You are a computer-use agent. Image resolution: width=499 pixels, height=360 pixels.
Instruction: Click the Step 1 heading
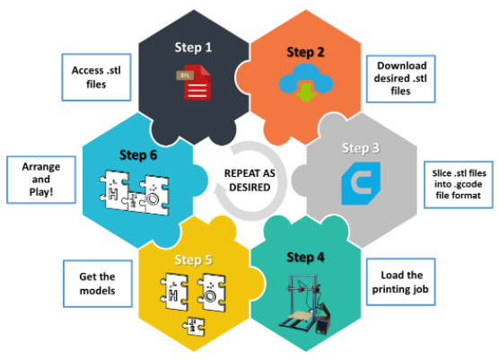193,48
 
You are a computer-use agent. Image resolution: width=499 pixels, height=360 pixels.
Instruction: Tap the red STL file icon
194,83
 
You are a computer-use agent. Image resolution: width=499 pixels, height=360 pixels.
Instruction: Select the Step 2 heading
305,53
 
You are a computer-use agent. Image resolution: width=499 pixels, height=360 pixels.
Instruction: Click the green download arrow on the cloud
306,92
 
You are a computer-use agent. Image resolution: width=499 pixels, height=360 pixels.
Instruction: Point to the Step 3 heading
361,148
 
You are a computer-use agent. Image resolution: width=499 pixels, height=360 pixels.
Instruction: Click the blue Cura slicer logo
361,183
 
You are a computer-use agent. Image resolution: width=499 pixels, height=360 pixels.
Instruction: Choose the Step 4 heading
305,258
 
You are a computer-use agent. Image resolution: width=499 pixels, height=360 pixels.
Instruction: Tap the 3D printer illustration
305,304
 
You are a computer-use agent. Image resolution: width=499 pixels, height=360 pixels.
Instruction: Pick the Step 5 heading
193,260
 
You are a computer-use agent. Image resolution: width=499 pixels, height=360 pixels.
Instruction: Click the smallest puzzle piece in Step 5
194,326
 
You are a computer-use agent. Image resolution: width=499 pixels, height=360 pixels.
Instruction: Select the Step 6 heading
138,155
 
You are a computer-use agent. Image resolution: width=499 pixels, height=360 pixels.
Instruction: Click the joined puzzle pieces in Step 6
135,193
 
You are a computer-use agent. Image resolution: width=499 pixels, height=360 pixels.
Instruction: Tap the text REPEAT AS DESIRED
249,180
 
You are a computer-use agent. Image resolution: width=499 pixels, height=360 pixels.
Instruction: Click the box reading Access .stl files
96,77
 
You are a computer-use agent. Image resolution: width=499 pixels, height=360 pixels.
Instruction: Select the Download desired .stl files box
400,79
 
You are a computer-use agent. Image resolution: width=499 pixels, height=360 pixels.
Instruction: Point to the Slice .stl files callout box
459,185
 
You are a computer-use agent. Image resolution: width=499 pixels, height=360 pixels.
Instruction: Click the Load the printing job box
400,282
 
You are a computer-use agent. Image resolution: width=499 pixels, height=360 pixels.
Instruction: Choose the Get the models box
98,284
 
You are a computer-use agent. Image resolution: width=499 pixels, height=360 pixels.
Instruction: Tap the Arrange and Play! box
41,180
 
